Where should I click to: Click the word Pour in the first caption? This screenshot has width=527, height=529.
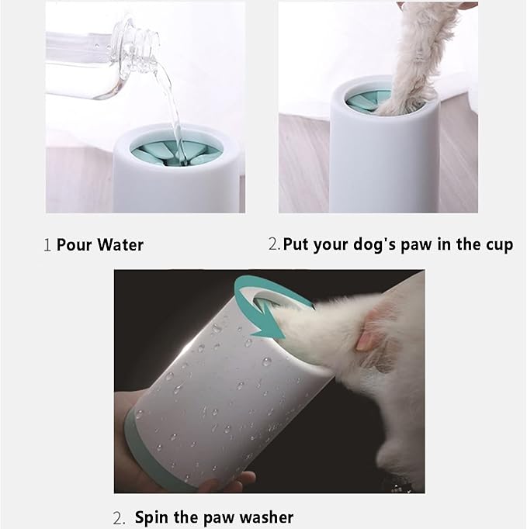point(75,245)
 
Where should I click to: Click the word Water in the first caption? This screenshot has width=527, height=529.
point(121,245)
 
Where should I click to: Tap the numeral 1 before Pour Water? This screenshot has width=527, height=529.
point(47,246)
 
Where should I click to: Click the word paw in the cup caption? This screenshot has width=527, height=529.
point(419,244)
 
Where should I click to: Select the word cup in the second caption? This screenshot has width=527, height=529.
point(497,245)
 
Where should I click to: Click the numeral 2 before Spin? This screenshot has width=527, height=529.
point(119,517)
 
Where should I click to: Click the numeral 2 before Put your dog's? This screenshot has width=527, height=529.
point(273,245)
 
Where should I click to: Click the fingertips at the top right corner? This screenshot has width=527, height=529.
point(466,5)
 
